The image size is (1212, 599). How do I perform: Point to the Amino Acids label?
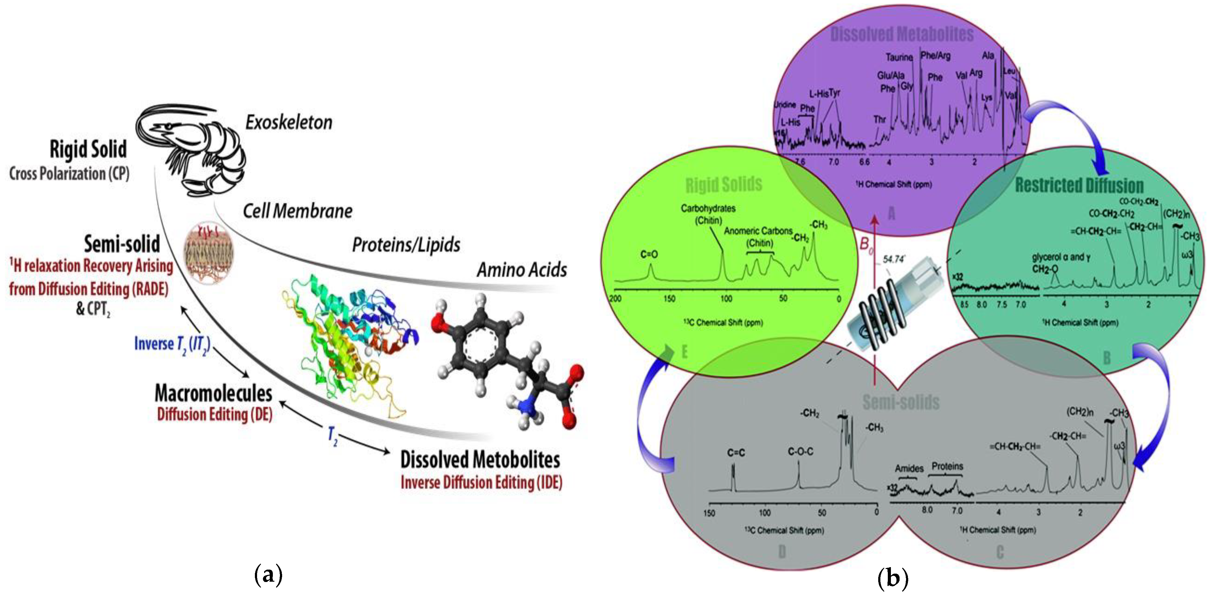pyautogui.click(x=521, y=270)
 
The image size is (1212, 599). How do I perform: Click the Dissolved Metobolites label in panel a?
pyautogui.click(x=480, y=460)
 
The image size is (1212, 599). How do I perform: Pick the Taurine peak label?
pyautogui.click(x=899, y=58)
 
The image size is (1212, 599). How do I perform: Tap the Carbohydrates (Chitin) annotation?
pyautogui.click(x=708, y=214)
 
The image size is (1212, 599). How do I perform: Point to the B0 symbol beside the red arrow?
pyautogui.click(x=866, y=245)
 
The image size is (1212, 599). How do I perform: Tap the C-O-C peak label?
pyautogui.click(x=800, y=452)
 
